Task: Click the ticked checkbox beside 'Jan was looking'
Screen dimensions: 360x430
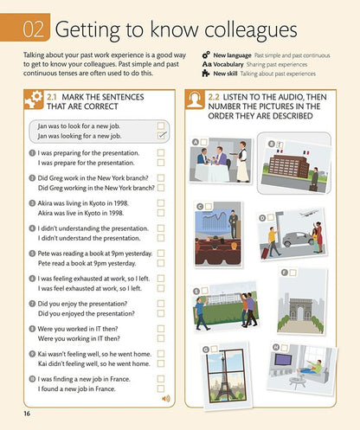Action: pos(161,135)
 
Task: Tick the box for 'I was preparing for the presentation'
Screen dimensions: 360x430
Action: pos(161,152)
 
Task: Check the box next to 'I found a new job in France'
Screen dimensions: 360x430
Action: pos(161,388)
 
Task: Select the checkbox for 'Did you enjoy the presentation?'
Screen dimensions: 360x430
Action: pos(161,304)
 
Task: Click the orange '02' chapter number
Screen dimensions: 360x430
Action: pos(34,29)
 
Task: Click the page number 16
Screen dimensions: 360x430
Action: pos(27,414)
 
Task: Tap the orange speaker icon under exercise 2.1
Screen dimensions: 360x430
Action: pos(166,399)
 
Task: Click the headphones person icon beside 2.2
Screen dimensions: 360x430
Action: pos(194,99)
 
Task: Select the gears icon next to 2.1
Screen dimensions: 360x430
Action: pos(34,99)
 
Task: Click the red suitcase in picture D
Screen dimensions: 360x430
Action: pos(266,252)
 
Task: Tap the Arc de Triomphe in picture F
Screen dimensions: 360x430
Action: pos(300,310)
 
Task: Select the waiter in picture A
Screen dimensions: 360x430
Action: pos(242,162)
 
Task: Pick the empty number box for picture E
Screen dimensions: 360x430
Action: pos(205,291)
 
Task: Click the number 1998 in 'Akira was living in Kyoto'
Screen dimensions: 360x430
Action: pos(120,203)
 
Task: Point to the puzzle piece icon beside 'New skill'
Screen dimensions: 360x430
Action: pos(206,74)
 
